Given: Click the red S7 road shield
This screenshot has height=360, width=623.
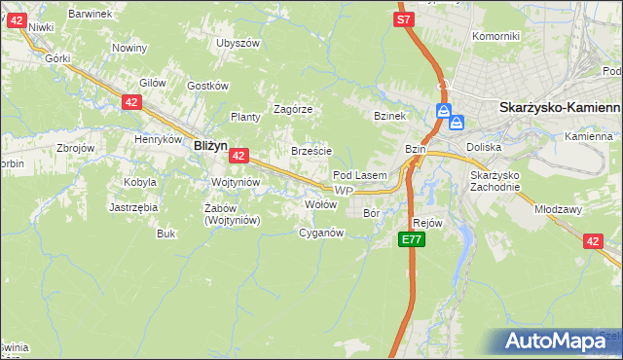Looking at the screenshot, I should pyautogui.click(x=405, y=18).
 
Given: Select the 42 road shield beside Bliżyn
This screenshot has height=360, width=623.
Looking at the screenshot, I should pyautogui.click(x=239, y=155).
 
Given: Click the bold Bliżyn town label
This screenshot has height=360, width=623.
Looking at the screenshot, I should pyautogui.click(x=210, y=144).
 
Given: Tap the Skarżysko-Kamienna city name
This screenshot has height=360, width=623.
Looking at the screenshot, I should pyautogui.click(x=559, y=108).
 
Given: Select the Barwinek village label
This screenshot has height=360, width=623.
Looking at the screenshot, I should pyautogui.click(x=92, y=14).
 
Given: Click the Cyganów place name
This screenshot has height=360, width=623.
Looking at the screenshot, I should pyautogui.click(x=321, y=233).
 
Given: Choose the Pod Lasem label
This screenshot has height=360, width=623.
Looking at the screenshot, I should pyautogui.click(x=360, y=175).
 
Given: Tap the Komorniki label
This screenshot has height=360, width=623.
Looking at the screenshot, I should pyautogui.click(x=495, y=36).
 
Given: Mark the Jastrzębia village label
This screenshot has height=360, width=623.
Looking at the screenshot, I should pyautogui.click(x=134, y=207).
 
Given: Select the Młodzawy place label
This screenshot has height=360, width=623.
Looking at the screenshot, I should pyautogui.click(x=557, y=208).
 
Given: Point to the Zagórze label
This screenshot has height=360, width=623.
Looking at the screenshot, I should pyautogui.click(x=292, y=109).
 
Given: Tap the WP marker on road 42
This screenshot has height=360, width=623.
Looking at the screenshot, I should pyautogui.click(x=341, y=191).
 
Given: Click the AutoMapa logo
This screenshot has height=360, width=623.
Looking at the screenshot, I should pyautogui.click(x=559, y=342).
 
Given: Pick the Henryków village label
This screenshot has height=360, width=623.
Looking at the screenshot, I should pyautogui.click(x=160, y=139).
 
